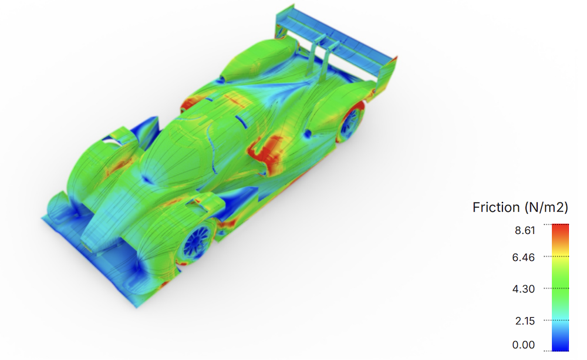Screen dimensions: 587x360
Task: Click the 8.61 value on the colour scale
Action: [525, 230]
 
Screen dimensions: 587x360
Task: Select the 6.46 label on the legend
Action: [524, 257]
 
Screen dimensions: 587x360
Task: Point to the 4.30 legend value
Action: [524, 289]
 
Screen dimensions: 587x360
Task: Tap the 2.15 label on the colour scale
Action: [525, 321]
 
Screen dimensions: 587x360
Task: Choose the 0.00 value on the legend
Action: [524, 345]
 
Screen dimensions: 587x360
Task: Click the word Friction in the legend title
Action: [496, 207]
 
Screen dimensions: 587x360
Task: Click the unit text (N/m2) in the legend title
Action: [546, 207]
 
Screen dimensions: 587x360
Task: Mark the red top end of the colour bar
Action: [561, 227]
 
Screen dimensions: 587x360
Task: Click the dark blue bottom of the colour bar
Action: [561, 347]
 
